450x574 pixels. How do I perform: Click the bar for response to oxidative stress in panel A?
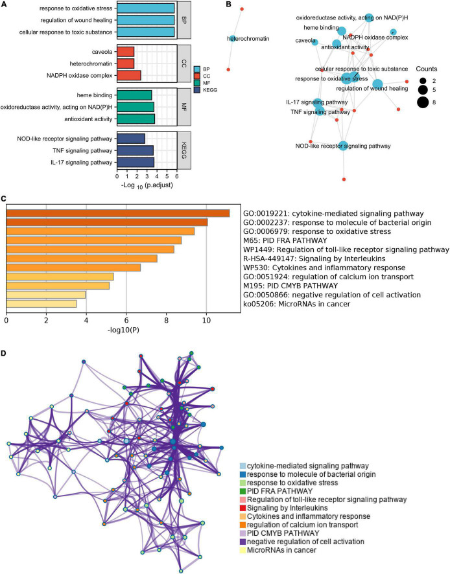(x=145, y=9)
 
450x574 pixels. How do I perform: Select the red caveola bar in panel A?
(x=126, y=52)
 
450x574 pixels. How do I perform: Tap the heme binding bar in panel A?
(x=134, y=95)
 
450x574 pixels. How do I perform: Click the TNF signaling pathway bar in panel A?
(x=135, y=150)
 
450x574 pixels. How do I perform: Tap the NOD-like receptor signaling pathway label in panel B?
(x=343, y=146)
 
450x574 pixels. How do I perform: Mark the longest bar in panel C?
(x=117, y=213)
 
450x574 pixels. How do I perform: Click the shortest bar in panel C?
(x=41, y=303)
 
